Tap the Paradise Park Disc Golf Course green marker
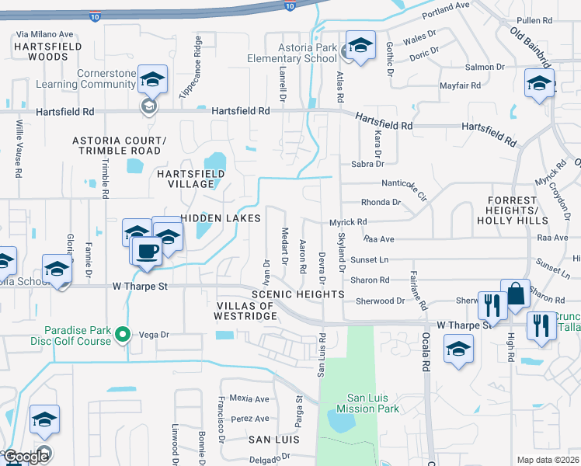click(122, 335)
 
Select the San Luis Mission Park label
click(367, 403)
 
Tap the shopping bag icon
click(514, 296)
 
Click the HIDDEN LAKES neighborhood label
click(221, 219)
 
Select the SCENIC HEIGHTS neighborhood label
click(297, 294)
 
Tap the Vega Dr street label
click(154, 335)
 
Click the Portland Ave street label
click(447, 10)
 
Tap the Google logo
click(25, 457)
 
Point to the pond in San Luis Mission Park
click(342, 421)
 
